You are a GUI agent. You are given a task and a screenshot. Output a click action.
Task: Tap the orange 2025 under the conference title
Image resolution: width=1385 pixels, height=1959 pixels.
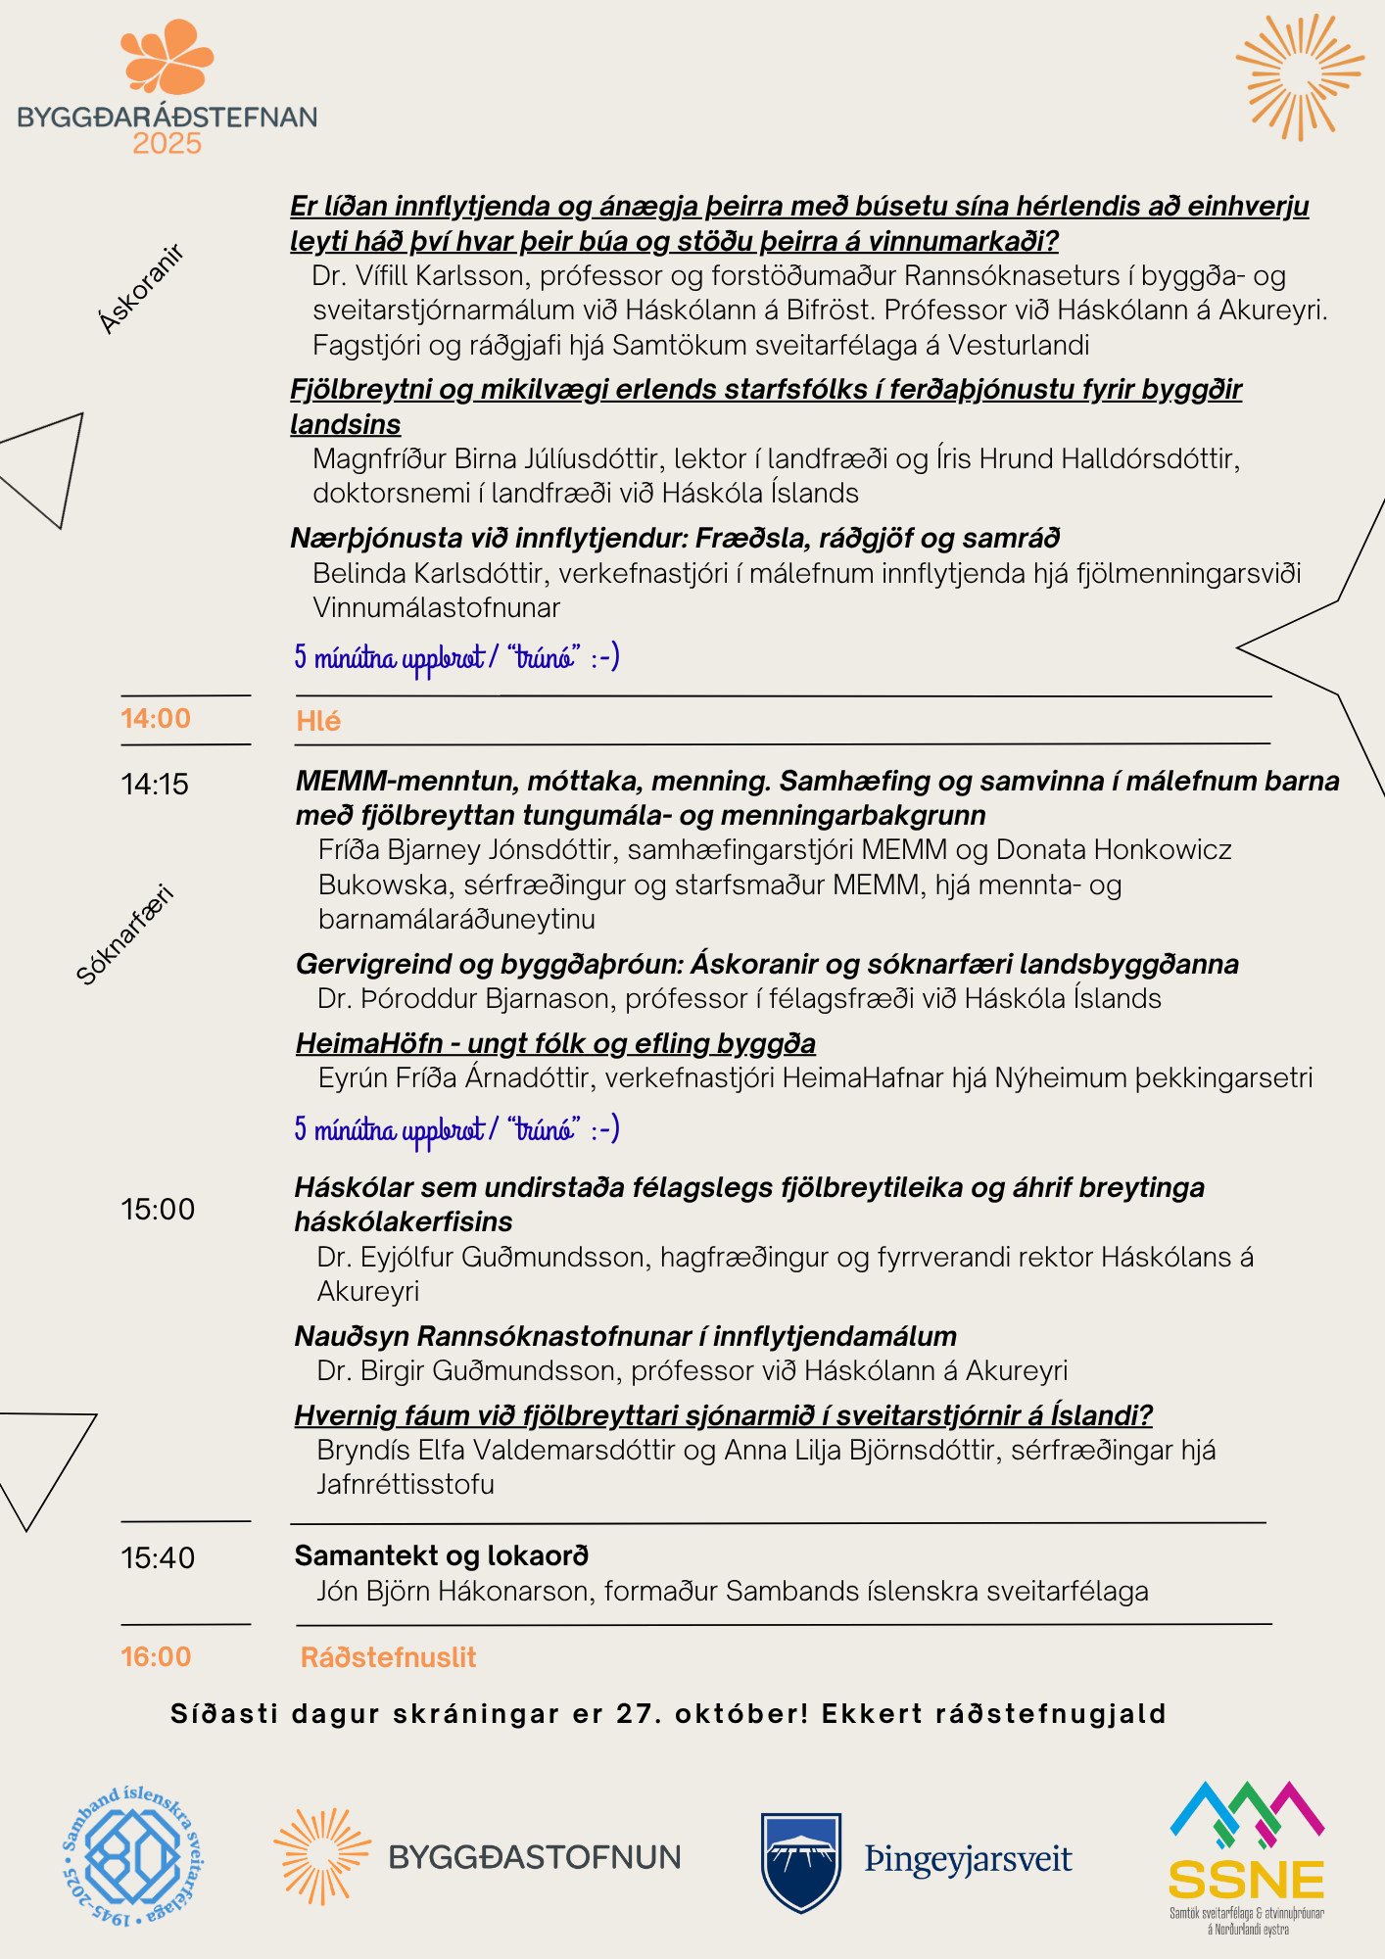click(167, 144)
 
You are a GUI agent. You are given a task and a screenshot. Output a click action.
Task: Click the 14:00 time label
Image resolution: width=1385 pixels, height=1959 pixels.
click(156, 719)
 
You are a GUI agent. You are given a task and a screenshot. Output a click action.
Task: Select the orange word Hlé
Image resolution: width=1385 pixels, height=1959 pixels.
click(318, 722)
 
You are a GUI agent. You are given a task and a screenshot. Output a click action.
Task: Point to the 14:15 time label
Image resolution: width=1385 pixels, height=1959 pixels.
click(155, 785)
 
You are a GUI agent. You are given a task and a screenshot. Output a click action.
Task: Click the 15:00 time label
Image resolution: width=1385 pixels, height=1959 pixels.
click(158, 1210)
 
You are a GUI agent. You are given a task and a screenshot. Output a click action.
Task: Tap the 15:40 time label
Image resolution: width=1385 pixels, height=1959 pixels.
click(158, 1558)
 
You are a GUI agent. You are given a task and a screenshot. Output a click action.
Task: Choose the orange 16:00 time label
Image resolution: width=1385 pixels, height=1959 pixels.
click(156, 1657)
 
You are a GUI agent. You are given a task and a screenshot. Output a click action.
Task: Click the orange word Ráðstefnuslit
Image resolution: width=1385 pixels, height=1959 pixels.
click(388, 1657)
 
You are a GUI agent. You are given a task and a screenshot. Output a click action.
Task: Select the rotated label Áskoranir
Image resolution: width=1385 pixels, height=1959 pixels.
click(142, 290)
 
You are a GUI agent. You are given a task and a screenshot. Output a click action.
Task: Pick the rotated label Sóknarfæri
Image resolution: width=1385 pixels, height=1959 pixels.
click(124, 934)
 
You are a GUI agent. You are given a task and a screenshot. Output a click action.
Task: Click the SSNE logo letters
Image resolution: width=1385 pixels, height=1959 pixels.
click(1246, 1880)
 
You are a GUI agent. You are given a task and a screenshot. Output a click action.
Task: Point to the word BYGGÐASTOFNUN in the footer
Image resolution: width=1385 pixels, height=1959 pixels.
click(534, 1857)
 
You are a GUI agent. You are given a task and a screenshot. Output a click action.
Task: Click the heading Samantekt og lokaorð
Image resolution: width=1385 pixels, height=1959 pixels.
click(442, 1555)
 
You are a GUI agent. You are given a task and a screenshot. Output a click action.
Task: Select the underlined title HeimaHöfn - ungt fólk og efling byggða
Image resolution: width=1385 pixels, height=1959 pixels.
click(555, 1043)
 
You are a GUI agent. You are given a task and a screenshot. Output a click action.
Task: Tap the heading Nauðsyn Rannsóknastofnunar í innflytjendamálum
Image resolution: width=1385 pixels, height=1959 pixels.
click(625, 1336)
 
